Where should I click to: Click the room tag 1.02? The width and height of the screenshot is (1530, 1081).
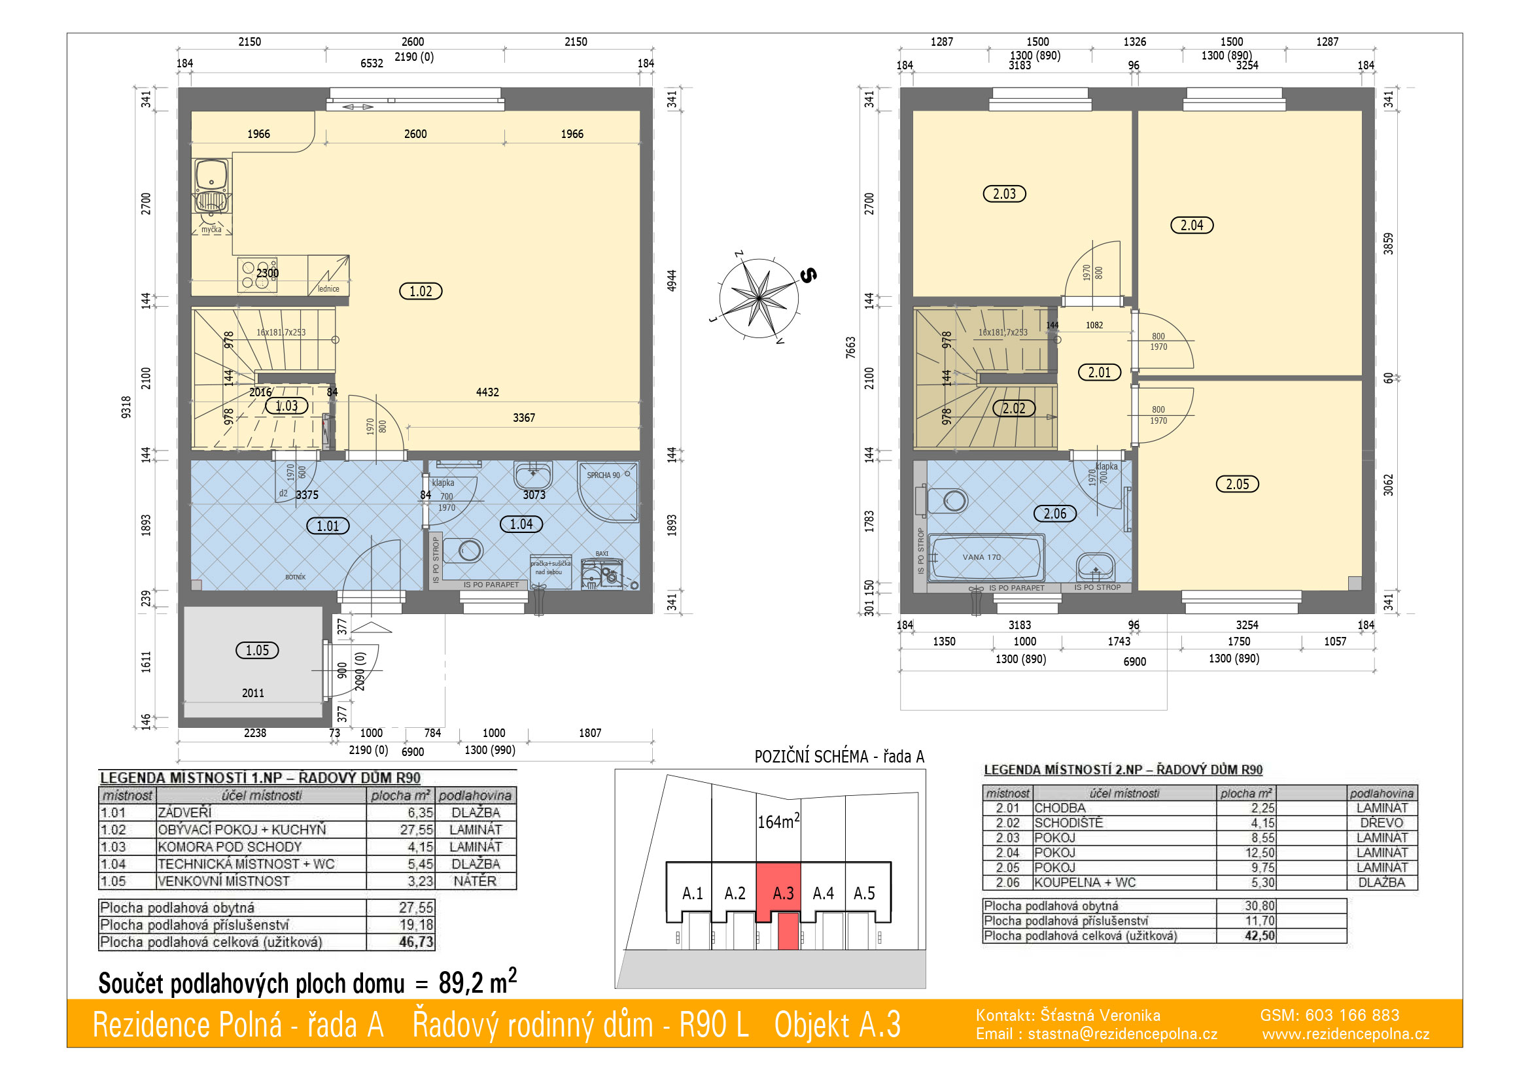pos(421,291)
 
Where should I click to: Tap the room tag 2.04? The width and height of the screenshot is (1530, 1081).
pos(1192,225)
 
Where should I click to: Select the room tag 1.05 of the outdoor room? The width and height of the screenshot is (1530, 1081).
pos(257,650)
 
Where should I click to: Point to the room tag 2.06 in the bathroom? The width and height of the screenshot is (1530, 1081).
pos(1055,513)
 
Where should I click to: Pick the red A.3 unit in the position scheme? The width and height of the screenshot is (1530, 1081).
pos(778,893)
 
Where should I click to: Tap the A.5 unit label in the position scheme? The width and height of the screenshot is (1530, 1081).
pos(864,893)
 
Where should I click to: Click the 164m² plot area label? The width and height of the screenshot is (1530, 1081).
pos(778,821)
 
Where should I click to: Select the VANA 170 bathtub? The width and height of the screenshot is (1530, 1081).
pos(986,557)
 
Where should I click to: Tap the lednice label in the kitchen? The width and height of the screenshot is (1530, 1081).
pos(328,289)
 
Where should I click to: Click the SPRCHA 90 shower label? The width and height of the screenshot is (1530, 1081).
pos(603,475)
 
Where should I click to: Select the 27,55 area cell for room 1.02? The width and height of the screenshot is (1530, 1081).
pos(417,830)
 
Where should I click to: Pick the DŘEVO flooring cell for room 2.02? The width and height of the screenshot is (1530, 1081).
pos(1382,823)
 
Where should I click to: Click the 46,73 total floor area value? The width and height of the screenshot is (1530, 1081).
pos(417,942)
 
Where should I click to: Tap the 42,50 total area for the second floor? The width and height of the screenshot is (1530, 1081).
pos(1259,935)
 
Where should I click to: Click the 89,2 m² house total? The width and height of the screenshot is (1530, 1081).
pos(478,981)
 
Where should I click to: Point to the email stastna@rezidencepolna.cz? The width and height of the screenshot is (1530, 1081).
pos(1123,1034)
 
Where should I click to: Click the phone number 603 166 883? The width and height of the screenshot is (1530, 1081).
pos(1352,1015)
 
